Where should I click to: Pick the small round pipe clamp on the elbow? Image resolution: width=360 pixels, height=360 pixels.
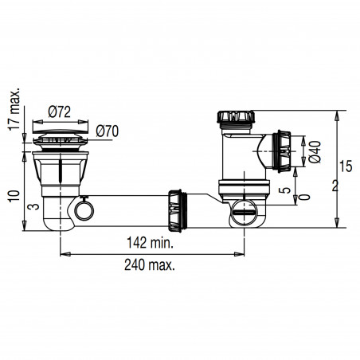click(82, 212)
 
